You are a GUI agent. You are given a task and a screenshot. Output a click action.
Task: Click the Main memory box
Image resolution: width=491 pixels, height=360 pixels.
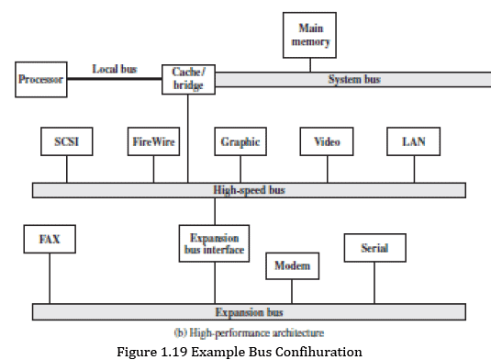pos(311,35)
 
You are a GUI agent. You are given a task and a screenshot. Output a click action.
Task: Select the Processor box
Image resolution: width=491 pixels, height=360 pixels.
pos(42,80)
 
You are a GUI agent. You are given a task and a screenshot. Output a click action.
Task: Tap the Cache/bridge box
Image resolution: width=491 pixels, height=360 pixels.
pos(188,79)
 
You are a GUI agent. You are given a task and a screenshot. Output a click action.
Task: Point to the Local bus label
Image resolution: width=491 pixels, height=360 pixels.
pos(115,69)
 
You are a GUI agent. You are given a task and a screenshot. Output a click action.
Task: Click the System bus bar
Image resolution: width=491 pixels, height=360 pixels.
pos(352,80)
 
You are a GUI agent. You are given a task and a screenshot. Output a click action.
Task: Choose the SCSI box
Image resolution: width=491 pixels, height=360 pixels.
pos(67,142)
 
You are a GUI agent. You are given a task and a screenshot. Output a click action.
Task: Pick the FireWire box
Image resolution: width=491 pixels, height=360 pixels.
pos(153,142)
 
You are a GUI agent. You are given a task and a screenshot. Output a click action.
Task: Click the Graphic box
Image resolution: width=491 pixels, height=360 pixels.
pos(240,142)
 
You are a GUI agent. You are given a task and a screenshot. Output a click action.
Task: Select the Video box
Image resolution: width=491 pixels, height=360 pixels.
pos(327,142)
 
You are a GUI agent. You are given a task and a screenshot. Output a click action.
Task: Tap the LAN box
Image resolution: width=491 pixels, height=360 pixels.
pos(414,142)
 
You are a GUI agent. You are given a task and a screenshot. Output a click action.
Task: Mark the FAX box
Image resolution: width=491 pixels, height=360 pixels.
pos(49,240)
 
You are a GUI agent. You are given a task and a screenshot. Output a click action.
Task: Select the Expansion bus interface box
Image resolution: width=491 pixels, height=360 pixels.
pos(214,243)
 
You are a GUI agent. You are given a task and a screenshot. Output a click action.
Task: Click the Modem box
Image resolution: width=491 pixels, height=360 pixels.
pos(293,267)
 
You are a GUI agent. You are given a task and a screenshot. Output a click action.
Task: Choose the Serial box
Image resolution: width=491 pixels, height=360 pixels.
pos(374,248)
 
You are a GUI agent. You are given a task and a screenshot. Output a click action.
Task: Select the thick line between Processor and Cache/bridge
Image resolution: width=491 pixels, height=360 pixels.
pos(115,80)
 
